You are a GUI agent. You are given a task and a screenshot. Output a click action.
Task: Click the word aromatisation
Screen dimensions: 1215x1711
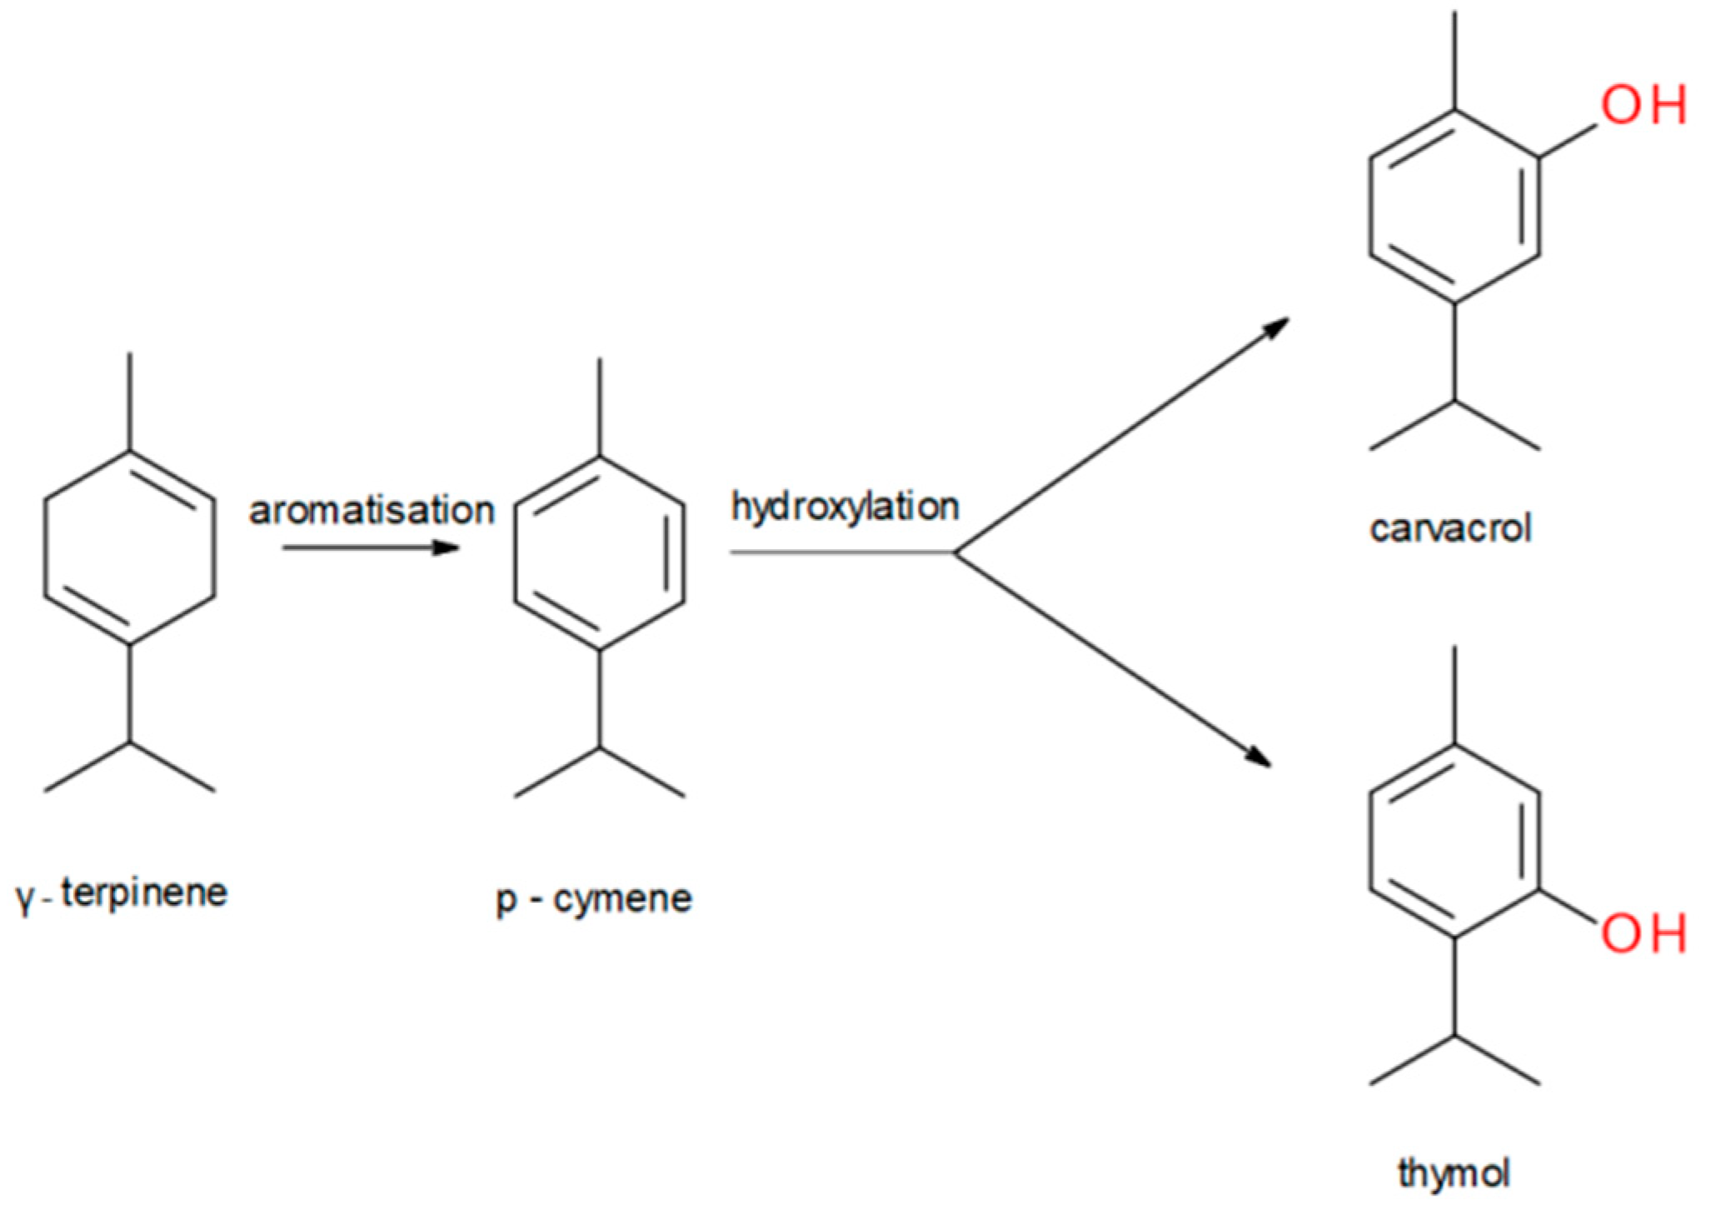[372, 511]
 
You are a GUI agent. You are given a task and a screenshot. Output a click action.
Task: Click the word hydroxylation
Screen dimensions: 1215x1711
[845, 507]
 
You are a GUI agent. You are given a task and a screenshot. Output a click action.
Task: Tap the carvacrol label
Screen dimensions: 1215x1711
[1450, 529]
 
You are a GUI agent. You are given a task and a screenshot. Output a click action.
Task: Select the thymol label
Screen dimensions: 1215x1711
[1454, 1173]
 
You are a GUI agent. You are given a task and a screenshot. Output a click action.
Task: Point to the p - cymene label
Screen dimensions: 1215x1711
[594, 899]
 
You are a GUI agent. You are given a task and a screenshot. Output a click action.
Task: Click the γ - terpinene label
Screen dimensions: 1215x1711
[122, 894]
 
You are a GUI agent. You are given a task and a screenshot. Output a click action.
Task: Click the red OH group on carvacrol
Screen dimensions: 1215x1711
[1643, 106]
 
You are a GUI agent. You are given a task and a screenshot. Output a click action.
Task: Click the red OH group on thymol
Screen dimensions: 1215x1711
[1643, 932]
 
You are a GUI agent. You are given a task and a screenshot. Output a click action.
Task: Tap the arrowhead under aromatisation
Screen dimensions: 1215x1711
[447, 547]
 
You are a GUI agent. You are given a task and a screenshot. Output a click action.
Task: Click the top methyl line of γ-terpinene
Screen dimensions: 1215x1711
[129, 402]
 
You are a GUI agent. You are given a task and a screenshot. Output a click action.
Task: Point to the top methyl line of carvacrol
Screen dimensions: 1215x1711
[1454, 60]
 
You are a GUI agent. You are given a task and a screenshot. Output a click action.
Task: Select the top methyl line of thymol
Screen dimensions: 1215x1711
[1454, 695]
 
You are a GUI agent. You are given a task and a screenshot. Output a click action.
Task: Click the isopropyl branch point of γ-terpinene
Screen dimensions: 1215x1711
[129, 742]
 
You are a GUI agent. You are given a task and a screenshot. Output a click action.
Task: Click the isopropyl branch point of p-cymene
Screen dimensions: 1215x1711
[600, 747]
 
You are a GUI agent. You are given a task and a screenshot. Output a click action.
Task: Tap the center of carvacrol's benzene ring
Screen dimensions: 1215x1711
[1454, 206]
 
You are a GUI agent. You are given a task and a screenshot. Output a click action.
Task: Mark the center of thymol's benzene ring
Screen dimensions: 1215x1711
[1454, 841]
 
